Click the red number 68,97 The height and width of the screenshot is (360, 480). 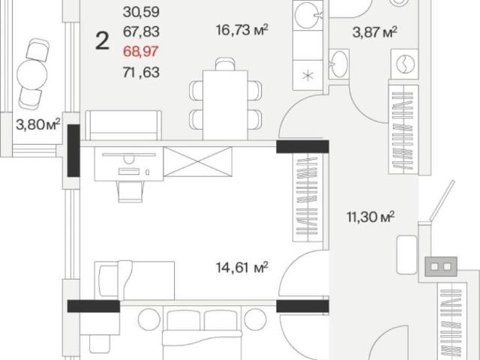coord(141,51)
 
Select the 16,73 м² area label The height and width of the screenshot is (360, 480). coord(242,30)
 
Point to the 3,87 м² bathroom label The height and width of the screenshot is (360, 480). coord(375,31)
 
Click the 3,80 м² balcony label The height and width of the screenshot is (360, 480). coord(38,125)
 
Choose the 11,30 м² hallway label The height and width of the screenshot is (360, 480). coord(370,217)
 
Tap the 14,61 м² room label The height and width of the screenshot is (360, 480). coord(242,267)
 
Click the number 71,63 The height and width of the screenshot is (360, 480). coord(141,73)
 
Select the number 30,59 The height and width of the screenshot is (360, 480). coord(141,12)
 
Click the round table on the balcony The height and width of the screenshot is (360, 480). coord(32,74)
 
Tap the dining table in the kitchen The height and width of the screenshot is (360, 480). coord(225,105)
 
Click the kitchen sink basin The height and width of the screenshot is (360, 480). coord(307,15)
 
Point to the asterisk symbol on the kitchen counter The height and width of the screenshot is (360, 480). coord(307,75)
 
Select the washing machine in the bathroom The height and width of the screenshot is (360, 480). coord(405,64)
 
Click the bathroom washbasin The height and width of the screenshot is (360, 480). coord(339,64)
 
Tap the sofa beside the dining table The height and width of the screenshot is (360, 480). coord(123,125)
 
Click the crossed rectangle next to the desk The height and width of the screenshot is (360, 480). coord(198,162)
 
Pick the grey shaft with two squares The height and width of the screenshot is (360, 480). coord(441,266)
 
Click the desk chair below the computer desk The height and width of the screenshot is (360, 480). coord(130,192)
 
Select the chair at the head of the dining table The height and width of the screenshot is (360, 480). coord(225,64)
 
